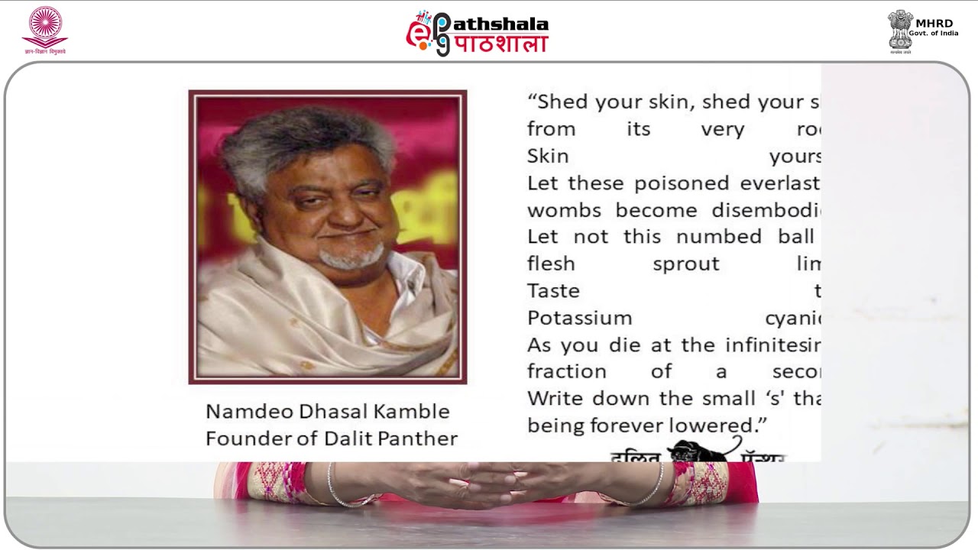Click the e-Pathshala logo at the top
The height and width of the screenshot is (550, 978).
point(477,33)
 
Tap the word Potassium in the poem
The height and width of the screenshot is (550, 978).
point(579,318)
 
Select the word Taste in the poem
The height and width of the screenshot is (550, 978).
point(553,291)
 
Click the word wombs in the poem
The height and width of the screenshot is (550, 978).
point(564,210)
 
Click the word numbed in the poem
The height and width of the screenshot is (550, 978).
point(719,237)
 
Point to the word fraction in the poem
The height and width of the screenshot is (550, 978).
point(566,372)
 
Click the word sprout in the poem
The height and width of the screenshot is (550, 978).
point(685,264)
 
